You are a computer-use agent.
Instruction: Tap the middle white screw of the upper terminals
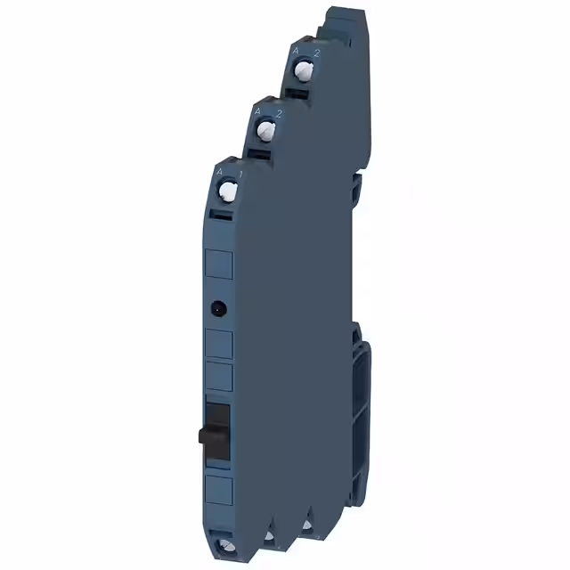pos(265,132)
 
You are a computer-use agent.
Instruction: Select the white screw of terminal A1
pos(227,190)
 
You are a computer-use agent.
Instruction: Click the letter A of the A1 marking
pos(220,169)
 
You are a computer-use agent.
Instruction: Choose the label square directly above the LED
pos(219,265)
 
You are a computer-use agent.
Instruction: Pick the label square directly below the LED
pos(219,343)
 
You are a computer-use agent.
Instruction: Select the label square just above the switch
pos(219,377)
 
